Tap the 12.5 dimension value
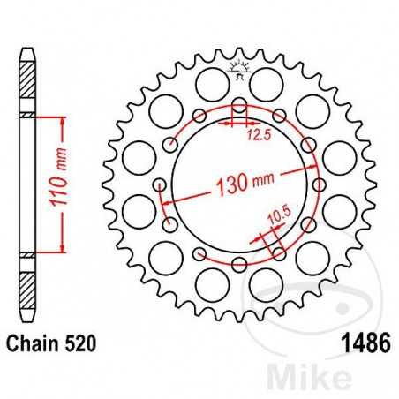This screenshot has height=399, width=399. tap(257, 134)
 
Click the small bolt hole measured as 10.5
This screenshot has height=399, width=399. tap(278, 254)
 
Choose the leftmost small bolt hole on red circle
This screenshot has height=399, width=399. tap(160, 185)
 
